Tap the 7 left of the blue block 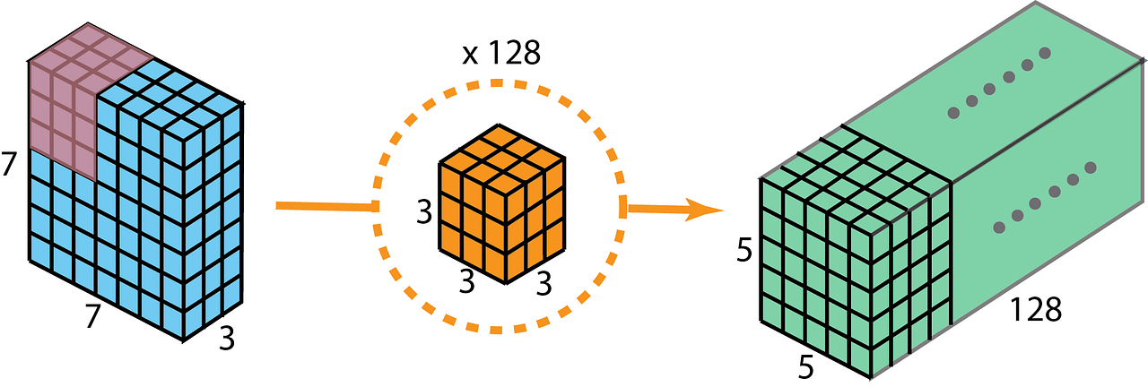pyautogui.click(x=10, y=165)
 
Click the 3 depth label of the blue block pyautogui.click(x=227, y=339)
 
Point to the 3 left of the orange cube pyautogui.click(x=425, y=213)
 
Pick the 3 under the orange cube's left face pyautogui.click(x=466, y=281)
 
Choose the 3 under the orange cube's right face pyautogui.click(x=544, y=285)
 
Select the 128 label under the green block pyautogui.click(x=1035, y=310)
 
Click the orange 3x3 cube pyautogui.click(x=502, y=206)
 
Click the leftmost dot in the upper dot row pyautogui.click(x=953, y=113)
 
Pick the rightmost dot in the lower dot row pyautogui.click(x=1091, y=168)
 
